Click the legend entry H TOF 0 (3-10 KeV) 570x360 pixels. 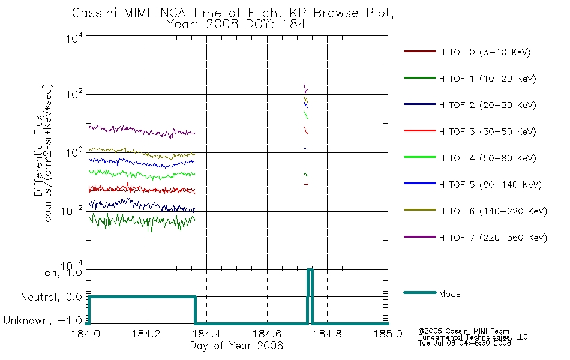click(x=467, y=52)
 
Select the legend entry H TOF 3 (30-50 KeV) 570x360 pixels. click(x=470, y=131)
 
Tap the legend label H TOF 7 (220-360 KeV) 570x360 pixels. click(x=493, y=238)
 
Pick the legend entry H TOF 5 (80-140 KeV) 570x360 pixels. click(x=473, y=184)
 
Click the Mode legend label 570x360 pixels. click(x=449, y=294)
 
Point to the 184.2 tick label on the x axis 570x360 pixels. click(x=146, y=334)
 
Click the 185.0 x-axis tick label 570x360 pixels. click(x=388, y=334)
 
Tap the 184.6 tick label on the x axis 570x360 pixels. click(x=267, y=334)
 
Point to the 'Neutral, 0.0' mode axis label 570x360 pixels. click(x=51, y=297)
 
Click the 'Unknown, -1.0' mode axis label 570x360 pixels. click(x=43, y=320)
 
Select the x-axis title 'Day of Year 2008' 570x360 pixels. click(x=236, y=346)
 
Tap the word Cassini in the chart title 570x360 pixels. click(x=95, y=13)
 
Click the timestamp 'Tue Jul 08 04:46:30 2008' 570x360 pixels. click(x=464, y=343)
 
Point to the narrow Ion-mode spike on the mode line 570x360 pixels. click(x=310, y=296)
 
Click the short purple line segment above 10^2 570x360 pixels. click(x=306, y=88)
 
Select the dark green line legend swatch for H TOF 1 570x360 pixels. click(x=420, y=78)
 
